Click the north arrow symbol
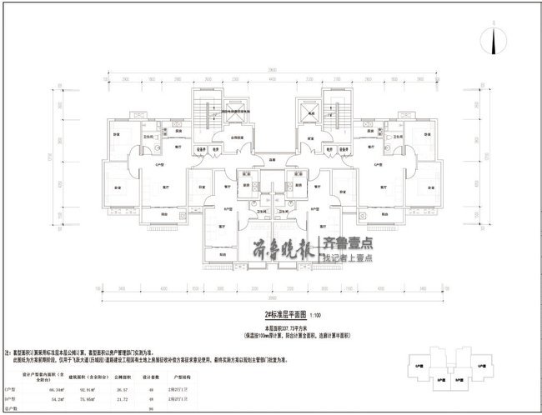[x=494, y=39]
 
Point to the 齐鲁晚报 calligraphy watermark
[x=284, y=247]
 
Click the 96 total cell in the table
[x=151, y=409]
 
